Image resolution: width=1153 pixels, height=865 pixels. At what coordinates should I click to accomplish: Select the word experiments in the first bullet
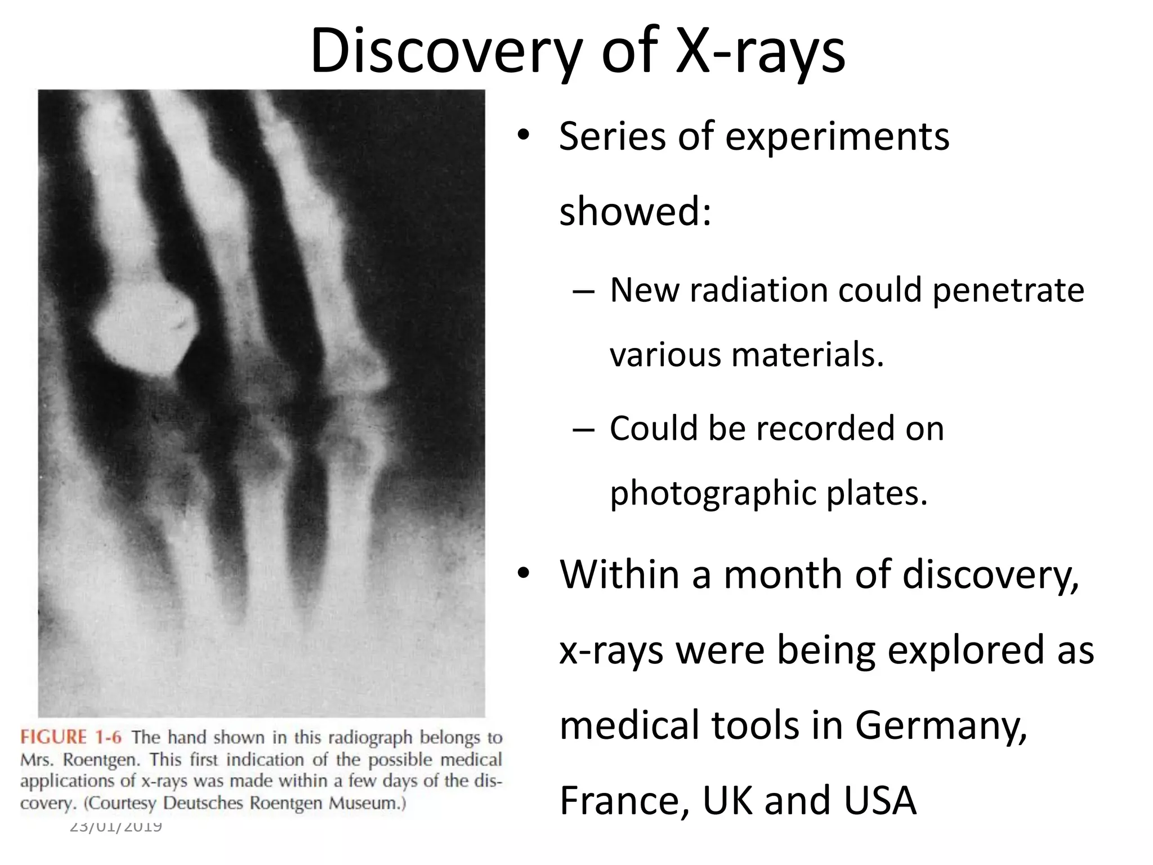click(x=837, y=137)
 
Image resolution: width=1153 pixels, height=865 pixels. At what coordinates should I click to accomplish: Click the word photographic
click(x=713, y=493)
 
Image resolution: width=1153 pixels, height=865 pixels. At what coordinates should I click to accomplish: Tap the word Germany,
click(x=941, y=725)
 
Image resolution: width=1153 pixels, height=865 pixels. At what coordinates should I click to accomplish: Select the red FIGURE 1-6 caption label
click(x=70, y=737)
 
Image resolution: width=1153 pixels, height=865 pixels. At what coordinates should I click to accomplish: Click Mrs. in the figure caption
click(x=38, y=760)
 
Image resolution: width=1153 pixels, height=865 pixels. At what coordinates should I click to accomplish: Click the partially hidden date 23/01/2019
click(x=116, y=826)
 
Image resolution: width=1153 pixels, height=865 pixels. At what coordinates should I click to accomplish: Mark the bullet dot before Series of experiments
click(x=524, y=136)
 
